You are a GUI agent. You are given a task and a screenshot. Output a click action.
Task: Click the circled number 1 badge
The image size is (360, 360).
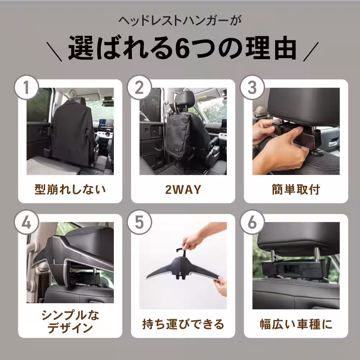pos(26,87)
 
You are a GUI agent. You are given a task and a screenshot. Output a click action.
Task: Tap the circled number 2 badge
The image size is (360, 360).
pos(139,87)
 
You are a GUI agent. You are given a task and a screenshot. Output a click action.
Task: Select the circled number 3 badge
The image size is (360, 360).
pos(252,87)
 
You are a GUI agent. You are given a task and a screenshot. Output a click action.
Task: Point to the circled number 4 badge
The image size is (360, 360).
pos(26,222)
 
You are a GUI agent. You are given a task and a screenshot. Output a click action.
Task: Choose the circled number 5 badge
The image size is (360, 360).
pos(139,222)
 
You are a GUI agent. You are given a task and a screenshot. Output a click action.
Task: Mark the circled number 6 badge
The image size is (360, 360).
pos(252,222)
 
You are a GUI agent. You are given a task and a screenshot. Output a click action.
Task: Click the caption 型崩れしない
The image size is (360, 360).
pos(70,190)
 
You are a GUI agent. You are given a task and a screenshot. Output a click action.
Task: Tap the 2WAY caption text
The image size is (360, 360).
pos(183,190)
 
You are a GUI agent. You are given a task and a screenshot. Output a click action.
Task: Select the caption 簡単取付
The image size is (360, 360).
pos(296,190)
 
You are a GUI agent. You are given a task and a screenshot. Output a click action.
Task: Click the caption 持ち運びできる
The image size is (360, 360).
pos(183,324)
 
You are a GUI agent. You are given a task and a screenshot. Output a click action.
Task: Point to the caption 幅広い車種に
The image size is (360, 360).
pos(296,324)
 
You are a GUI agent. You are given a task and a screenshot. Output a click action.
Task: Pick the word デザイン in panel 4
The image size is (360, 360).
pos(70,328)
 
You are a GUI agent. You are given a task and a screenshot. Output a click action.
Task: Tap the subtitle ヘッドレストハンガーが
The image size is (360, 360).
pos(180,21)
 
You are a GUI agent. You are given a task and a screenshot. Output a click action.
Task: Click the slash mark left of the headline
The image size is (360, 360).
pos(54,51)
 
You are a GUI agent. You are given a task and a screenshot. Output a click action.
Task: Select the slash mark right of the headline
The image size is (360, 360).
pos(311,51)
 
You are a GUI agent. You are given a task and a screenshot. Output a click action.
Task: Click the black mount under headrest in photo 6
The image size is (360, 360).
pos(294,269)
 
